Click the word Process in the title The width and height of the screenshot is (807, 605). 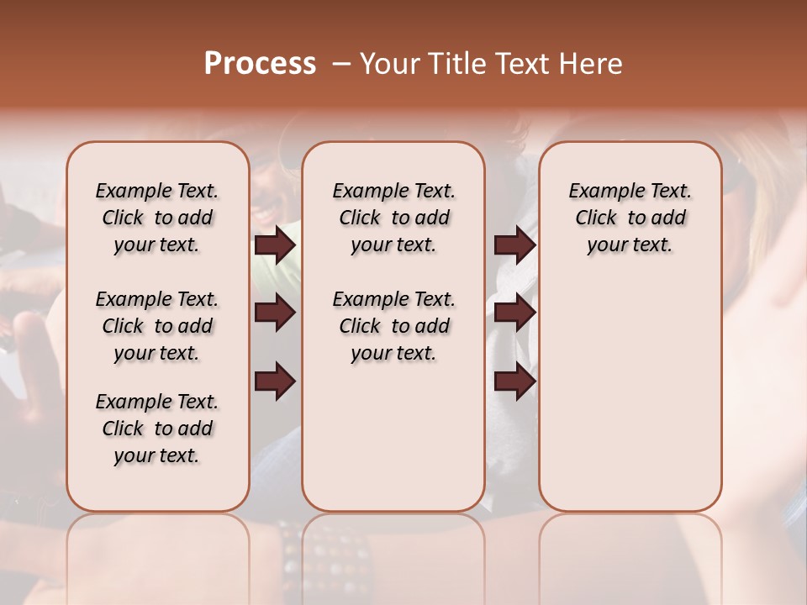[x=260, y=64]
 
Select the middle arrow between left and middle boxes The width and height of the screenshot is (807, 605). [x=275, y=313]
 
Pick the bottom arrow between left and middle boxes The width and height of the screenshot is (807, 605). [x=275, y=382]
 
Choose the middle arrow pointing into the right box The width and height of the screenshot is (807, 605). [x=514, y=313]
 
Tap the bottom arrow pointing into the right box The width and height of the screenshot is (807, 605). [x=514, y=382]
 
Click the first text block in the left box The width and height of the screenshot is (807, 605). [x=157, y=218]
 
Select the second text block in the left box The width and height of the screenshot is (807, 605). [x=157, y=326]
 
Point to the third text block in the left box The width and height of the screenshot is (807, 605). [x=157, y=429]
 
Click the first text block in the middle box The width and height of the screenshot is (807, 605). [x=393, y=218]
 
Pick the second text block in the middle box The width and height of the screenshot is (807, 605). [x=393, y=326]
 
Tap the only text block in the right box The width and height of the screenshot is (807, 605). [x=630, y=218]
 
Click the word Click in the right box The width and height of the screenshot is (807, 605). [x=596, y=218]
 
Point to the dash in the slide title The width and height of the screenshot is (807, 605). [x=341, y=65]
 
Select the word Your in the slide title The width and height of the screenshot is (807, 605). [x=390, y=64]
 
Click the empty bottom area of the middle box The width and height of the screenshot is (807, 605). [x=393, y=445]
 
